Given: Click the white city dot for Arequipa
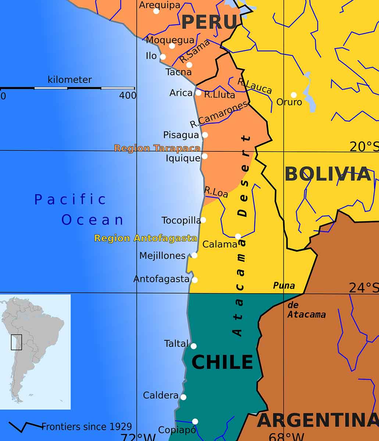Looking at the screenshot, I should pos(156,11).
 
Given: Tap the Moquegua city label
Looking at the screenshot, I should pos(170,40).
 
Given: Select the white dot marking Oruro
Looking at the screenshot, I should pos(294,95).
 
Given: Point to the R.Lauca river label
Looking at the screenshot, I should pos(255,86).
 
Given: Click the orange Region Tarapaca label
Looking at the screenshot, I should pos(157,148).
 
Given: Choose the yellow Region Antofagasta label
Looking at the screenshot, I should pos(146,238).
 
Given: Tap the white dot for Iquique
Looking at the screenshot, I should pos(204,156).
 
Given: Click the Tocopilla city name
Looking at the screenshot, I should pos(181,220).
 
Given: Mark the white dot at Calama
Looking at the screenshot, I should pos(238,236).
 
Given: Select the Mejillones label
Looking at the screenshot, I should pos(162,256).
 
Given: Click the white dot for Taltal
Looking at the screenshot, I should pos(194,346).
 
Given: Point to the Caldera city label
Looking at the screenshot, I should pos(161,395).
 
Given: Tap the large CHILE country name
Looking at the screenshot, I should pos(222,362).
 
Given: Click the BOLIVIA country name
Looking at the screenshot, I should pos(328,174).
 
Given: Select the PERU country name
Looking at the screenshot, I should pos(209,22).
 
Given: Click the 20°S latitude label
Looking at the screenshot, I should pos(363,147).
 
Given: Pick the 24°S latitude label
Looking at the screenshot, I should pos(363,288).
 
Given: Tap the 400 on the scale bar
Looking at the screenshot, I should pos(128,96).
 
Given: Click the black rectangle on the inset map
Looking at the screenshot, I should pos(17,342).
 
